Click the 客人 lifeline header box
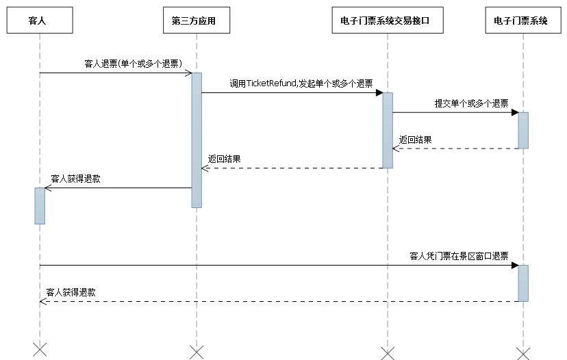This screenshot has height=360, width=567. [40, 21]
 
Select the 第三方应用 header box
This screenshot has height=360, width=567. [196, 21]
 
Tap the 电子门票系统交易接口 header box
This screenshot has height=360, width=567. [388, 21]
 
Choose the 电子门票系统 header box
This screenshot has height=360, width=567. [523, 21]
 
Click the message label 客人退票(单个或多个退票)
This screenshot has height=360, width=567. [132, 64]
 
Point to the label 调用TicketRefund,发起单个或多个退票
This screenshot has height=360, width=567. [301, 83]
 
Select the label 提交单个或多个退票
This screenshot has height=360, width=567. [471, 103]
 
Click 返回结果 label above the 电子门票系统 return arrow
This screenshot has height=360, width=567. [416, 140]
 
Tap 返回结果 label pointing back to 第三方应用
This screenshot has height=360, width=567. [225, 159]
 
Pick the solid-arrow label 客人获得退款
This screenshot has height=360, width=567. [75, 179]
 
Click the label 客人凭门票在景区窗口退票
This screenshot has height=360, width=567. [459, 256]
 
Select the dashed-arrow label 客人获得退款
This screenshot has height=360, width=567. [71, 292]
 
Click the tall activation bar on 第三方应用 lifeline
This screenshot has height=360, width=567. [197, 140]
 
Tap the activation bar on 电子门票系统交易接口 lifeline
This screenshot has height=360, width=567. [388, 130]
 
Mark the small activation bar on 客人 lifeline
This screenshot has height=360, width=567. [40, 205]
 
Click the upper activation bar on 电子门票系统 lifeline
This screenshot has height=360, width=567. [523, 130]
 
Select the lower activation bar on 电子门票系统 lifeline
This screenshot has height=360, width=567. [523, 283]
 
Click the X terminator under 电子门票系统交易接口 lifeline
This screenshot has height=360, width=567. [388, 352]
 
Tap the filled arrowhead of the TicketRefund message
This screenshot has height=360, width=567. [379, 92]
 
